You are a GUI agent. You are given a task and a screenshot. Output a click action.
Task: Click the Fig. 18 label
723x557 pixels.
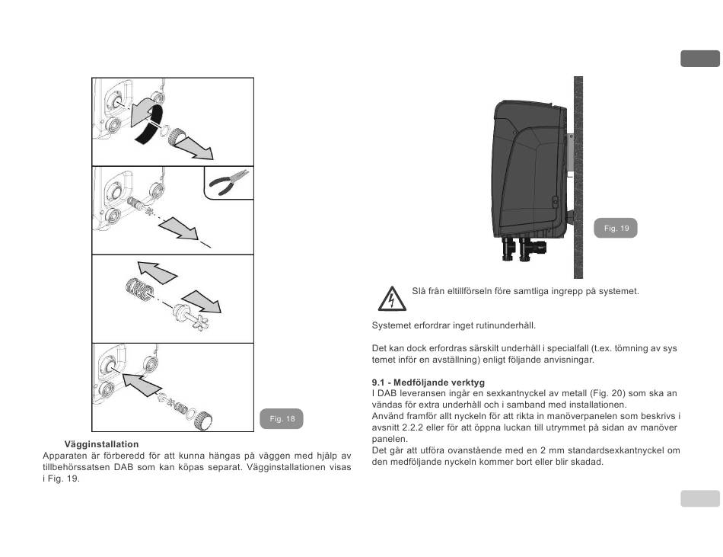pyautogui.click(x=282, y=419)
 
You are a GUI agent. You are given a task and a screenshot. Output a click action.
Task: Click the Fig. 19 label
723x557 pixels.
pyautogui.click(x=616, y=228)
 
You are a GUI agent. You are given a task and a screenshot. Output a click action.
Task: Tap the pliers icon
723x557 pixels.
pyautogui.click(x=229, y=184)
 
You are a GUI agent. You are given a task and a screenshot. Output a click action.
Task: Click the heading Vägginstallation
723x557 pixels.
pyautogui.click(x=102, y=444)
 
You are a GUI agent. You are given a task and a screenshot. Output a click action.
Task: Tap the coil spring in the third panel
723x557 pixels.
pyautogui.click(x=139, y=292)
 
